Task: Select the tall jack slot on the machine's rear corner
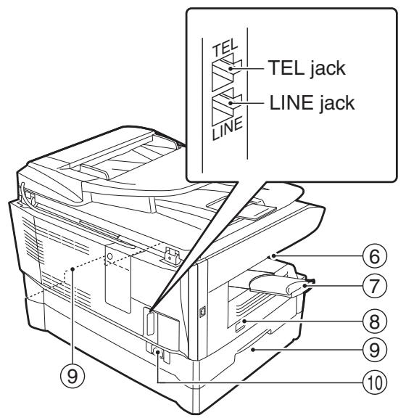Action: [150, 324]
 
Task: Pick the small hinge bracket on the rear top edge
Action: [171, 256]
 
